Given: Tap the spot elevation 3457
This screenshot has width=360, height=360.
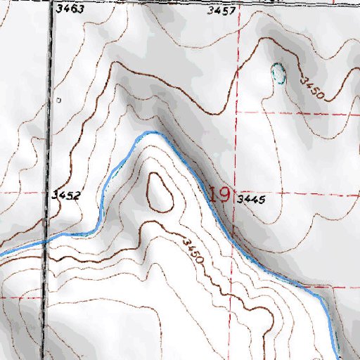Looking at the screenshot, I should (x=221, y=11).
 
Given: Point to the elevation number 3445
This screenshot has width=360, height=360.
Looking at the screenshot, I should (x=250, y=200).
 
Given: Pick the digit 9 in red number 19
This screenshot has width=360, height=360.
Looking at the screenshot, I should (x=224, y=194).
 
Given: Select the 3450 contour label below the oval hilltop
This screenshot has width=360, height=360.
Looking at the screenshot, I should (x=192, y=252).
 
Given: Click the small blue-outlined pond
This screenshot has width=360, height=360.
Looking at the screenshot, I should (x=279, y=74).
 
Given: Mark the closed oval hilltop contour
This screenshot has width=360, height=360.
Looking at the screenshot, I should (x=160, y=191).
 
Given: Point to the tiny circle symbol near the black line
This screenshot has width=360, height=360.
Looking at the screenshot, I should (x=59, y=101).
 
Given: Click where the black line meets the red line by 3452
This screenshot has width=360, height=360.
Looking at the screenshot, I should (x=50, y=191).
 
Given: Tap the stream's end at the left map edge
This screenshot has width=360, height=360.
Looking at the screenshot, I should (x=1, y=252).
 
